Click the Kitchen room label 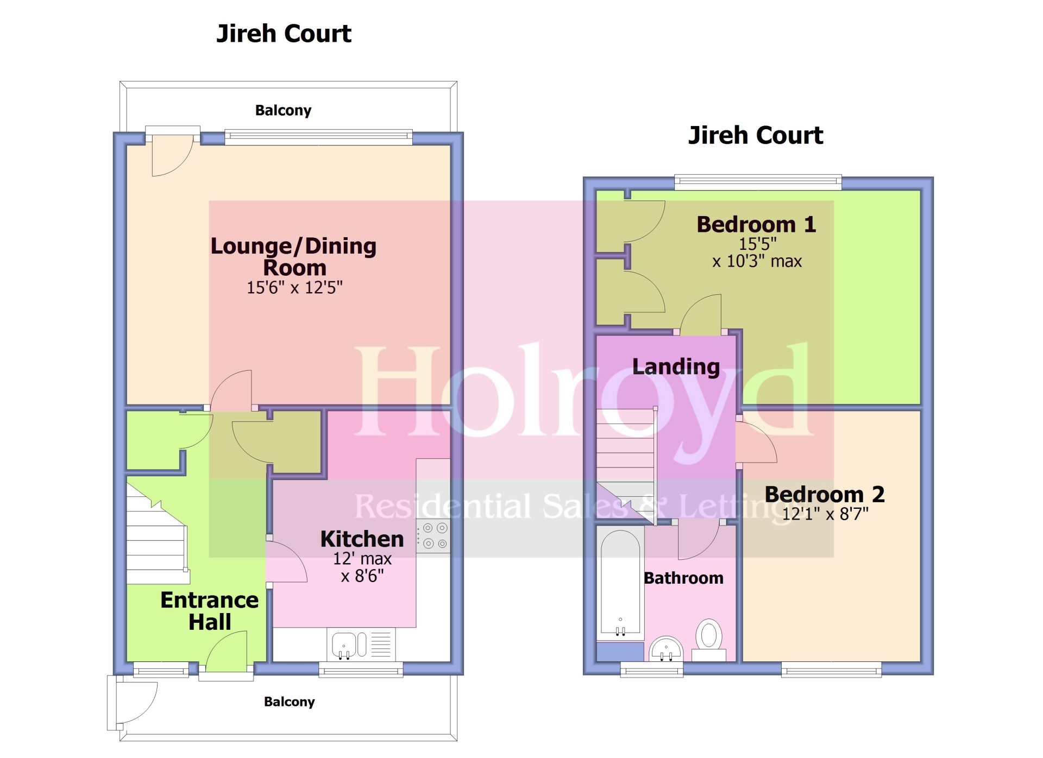[362, 539]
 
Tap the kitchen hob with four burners [434, 535]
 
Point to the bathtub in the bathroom [620, 584]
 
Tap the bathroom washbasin [666, 648]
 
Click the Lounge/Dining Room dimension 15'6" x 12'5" [294, 287]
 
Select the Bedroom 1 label [756, 224]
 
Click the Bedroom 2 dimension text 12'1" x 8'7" [825, 514]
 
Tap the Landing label [676, 367]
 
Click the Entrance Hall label [210, 611]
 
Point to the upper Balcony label [283, 110]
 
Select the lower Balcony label [289, 702]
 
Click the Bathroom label [683, 578]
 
